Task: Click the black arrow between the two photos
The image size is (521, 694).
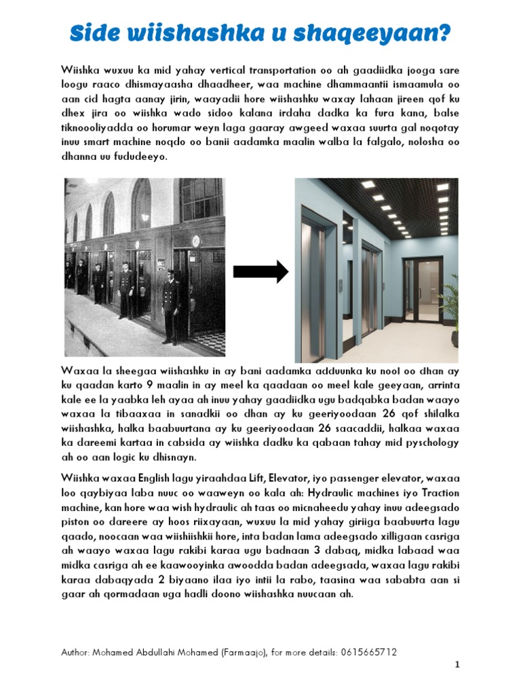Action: (x=260, y=272)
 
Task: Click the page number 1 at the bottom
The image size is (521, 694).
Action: (x=457, y=666)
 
